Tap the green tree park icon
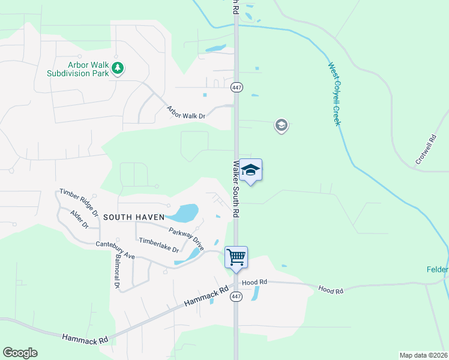click(x=118, y=68)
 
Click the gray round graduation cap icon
click(x=281, y=125)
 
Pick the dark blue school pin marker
click(x=251, y=170)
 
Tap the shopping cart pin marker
click(x=237, y=257)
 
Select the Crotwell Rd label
click(x=427, y=149)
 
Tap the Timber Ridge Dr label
click(x=79, y=202)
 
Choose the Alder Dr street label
click(x=79, y=220)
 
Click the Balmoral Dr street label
click(x=116, y=268)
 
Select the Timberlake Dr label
click(x=159, y=245)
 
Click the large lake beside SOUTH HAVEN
click(x=184, y=212)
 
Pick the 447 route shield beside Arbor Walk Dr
click(x=237, y=88)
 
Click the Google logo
click(x=20, y=353)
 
